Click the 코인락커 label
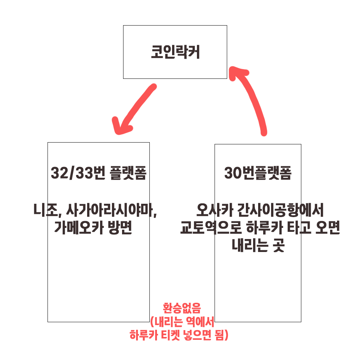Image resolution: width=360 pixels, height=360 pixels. click(175, 53)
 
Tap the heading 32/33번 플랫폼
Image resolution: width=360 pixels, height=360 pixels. click(99, 174)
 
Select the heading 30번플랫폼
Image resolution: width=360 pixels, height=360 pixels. click(258, 174)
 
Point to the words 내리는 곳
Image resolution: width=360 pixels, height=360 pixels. click(258, 247)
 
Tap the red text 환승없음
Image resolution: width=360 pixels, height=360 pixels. click(179, 308)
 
